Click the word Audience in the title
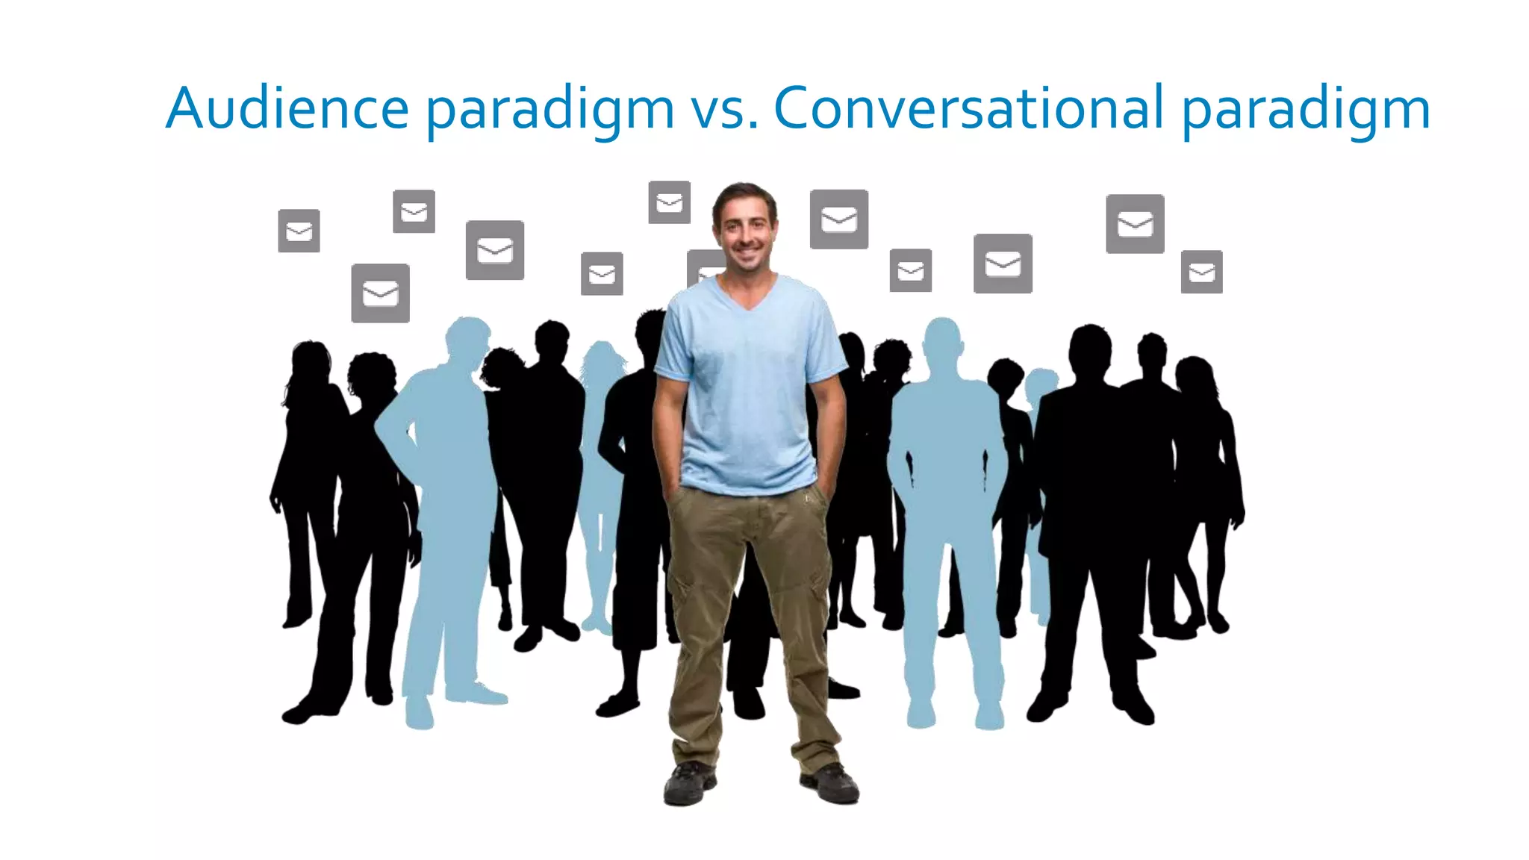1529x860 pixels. tap(287, 108)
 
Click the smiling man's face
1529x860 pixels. tap(744, 228)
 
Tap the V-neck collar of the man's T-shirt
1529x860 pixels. tap(748, 295)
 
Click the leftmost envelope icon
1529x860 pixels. tap(299, 231)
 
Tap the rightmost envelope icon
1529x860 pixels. tap(1201, 272)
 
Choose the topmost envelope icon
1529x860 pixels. tap(669, 202)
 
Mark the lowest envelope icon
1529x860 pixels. tap(380, 293)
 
